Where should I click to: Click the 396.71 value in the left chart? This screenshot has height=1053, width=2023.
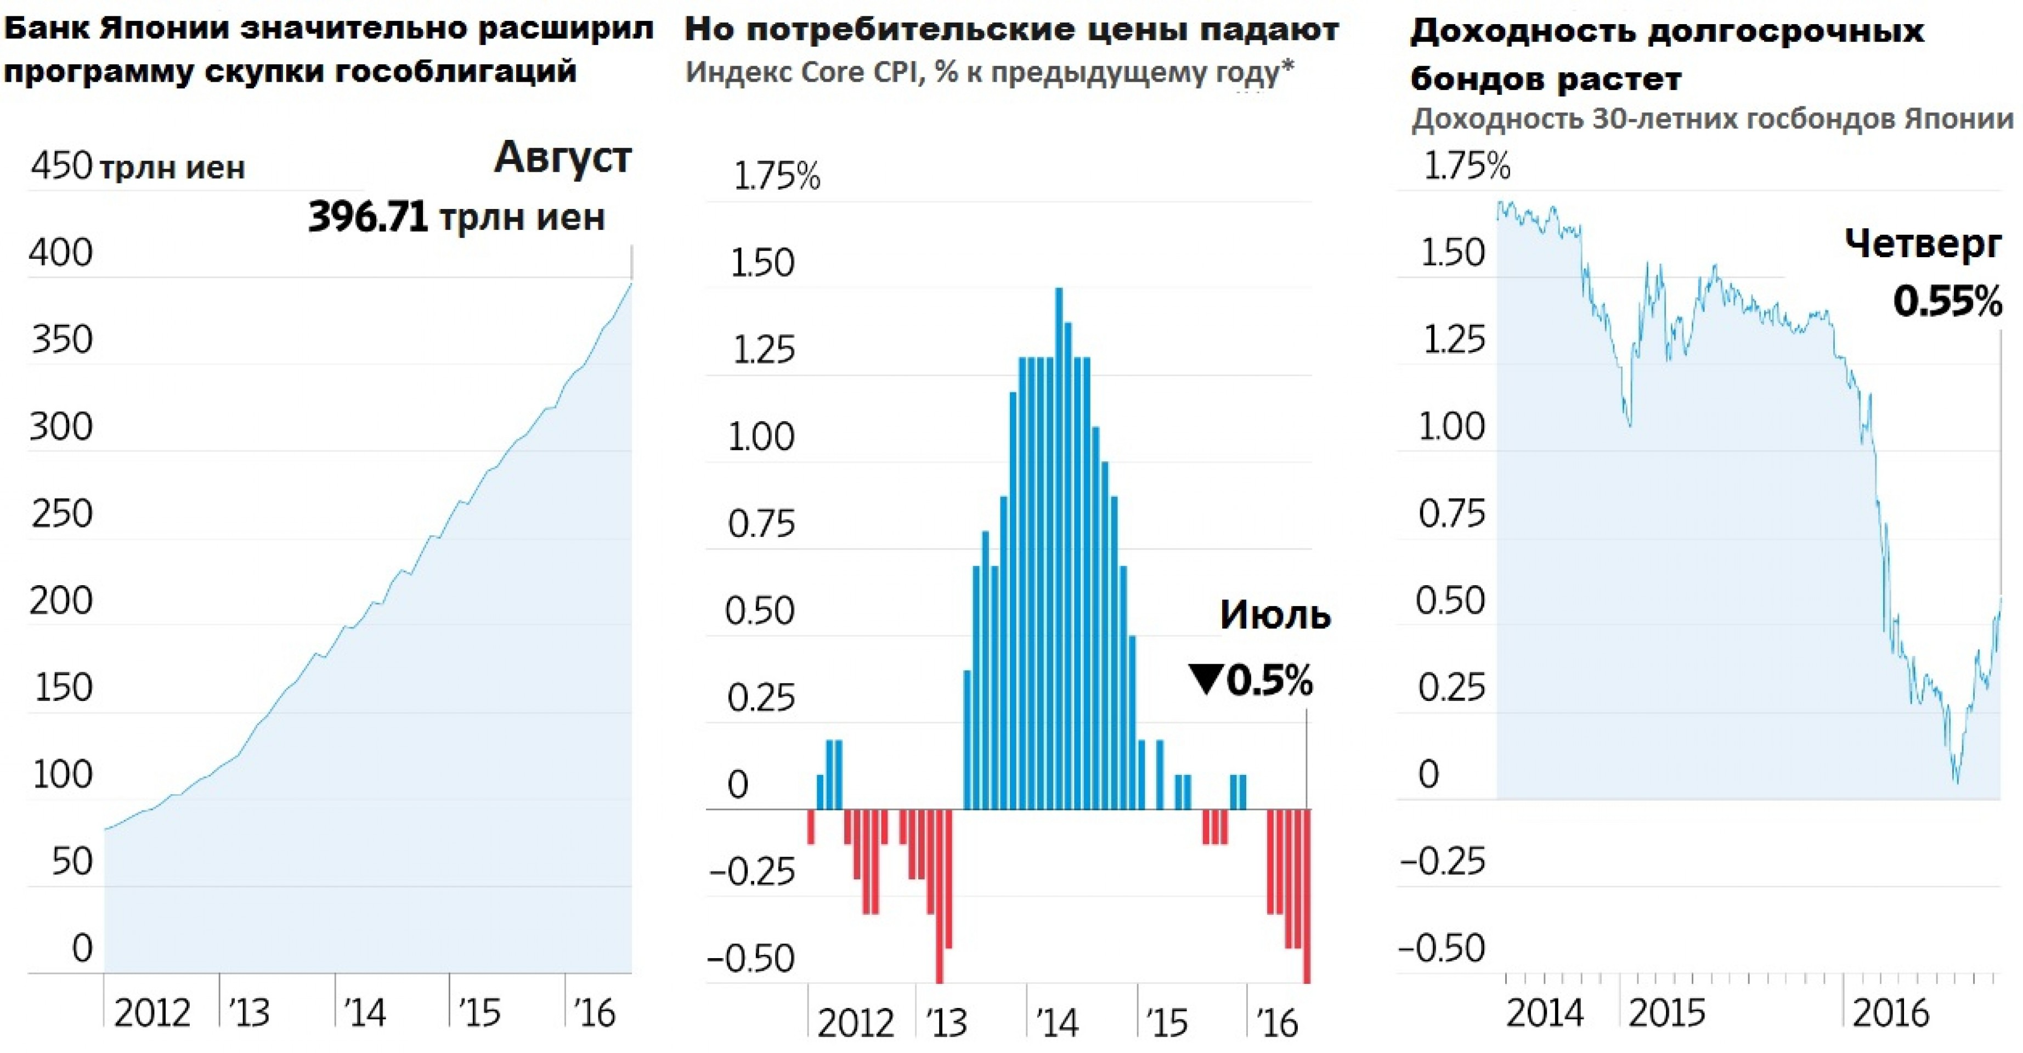point(368,217)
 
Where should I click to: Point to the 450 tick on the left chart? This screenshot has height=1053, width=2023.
point(61,167)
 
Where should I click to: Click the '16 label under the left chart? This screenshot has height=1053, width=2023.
point(595,1013)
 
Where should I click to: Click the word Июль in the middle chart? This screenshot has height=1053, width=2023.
point(1275,615)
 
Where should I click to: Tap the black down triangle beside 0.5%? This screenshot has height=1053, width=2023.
point(1206,678)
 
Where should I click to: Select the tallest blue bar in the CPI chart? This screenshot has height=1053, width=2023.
point(1059,550)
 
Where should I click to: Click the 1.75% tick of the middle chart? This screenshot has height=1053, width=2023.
point(776,177)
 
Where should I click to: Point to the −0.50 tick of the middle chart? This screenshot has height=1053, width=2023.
point(751,959)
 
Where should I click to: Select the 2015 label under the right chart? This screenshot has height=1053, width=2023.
point(1666,1013)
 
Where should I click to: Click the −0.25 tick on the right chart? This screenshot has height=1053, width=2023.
point(1443,862)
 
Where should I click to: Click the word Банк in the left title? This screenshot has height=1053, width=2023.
point(46,29)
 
